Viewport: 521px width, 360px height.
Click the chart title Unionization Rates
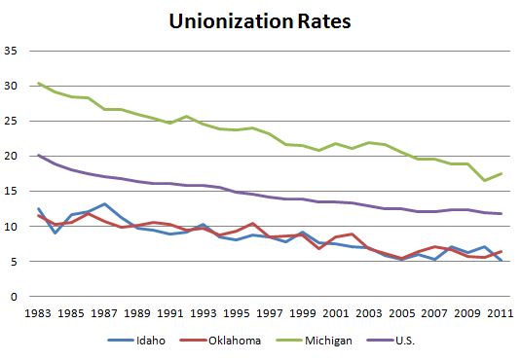coord(259,20)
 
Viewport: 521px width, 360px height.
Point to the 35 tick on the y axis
coord(14,52)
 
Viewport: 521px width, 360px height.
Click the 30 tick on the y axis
coord(14,87)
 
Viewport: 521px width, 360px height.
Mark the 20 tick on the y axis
coord(14,157)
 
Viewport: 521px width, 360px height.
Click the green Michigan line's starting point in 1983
coord(39,84)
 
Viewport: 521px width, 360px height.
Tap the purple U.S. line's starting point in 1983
coord(39,155)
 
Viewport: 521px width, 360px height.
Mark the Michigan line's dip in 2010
coord(484,180)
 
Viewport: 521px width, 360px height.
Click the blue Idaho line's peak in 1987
coord(104,204)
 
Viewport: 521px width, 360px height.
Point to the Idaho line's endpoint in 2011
coord(501,260)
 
